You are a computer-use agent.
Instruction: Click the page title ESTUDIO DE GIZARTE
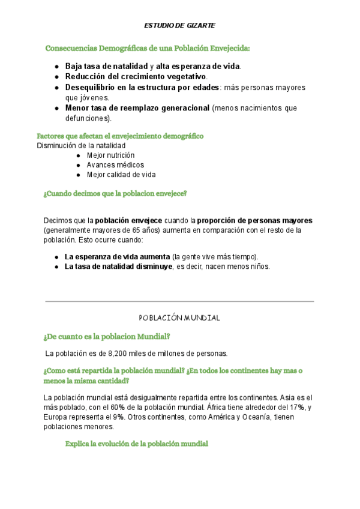pos(179,26)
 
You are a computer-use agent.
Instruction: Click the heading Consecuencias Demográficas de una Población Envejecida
pos(148,48)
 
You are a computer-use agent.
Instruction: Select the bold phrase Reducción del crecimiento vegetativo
pos(135,77)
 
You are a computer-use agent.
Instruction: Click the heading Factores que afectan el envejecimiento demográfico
pos(120,136)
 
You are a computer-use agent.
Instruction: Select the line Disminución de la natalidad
pos(81,145)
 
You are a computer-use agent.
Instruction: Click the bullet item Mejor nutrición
pos(110,155)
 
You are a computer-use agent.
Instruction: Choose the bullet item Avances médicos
pos(115,164)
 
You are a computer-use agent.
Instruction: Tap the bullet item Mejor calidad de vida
pos(121,175)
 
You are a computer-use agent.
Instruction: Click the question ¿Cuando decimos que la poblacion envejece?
pos(115,194)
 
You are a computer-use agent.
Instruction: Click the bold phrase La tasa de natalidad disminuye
pos(118,266)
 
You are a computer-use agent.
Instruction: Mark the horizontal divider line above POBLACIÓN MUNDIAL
pos(179,301)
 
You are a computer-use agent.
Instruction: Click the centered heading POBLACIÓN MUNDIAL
pos(179,318)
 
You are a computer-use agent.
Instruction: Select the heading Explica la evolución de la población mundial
pos(136,444)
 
